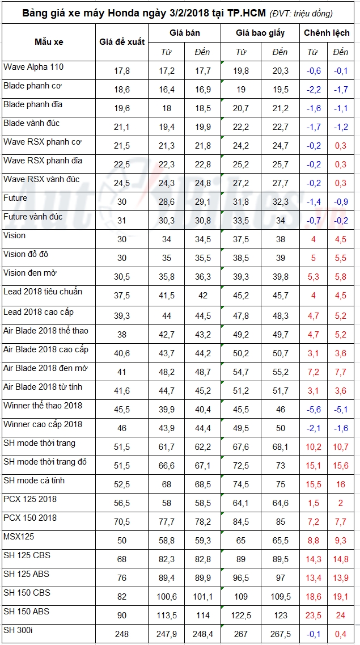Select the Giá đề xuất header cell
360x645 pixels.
tap(122, 41)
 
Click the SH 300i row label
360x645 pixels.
tap(19, 630)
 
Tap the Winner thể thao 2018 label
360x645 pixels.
tap(43, 405)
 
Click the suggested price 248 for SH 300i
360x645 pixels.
tap(122, 634)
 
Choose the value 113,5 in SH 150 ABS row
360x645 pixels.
tap(167, 616)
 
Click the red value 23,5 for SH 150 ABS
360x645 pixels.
tap(313, 616)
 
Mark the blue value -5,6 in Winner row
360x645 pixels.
tap(313, 410)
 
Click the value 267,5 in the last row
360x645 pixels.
tap(279, 634)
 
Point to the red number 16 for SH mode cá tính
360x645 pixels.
tap(340, 484)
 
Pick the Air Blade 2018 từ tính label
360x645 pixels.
tap(43, 386)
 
